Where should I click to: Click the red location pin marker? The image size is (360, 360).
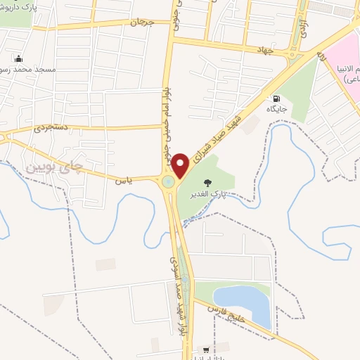tap(180, 165)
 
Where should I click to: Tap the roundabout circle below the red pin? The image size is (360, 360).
tap(169, 183)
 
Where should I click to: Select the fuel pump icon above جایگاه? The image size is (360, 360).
tap(275, 98)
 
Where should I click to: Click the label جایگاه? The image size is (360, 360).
tap(275, 110)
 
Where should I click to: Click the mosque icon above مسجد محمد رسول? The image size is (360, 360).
tap(18, 59)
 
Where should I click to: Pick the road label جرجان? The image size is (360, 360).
tap(141, 22)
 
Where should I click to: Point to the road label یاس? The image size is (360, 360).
tap(124, 181)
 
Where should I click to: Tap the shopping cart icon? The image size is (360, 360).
tap(205, 349)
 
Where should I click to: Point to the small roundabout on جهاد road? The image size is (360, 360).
tap(295, 54)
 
